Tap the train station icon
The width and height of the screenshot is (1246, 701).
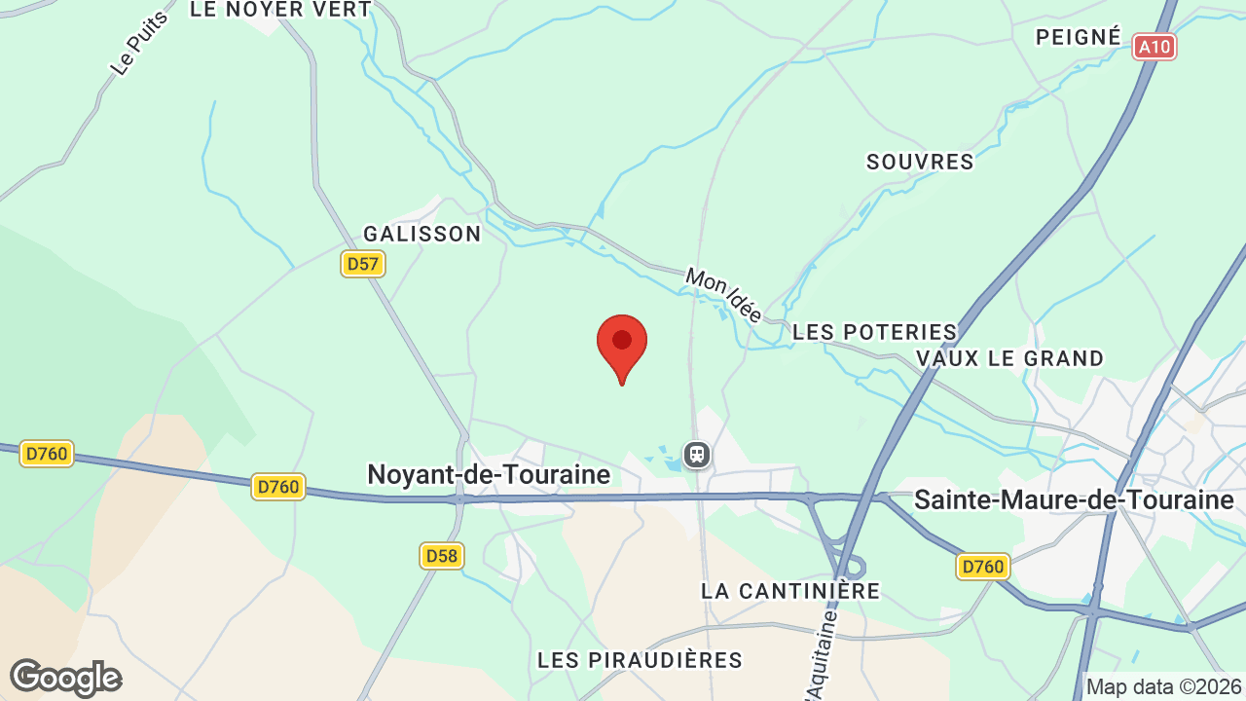pyautogui.click(x=696, y=455)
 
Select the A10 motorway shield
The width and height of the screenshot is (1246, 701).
pyautogui.click(x=1154, y=46)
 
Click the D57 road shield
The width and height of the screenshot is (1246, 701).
pyautogui.click(x=363, y=264)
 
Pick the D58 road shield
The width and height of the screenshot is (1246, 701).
pyautogui.click(x=442, y=556)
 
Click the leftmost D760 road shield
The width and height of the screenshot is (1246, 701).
pyautogui.click(x=47, y=454)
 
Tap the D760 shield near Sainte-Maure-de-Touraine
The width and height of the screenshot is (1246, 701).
pyautogui.click(x=982, y=567)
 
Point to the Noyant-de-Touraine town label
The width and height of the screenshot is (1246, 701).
pyautogui.click(x=488, y=474)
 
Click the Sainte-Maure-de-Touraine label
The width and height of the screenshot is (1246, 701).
pyautogui.click(x=1074, y=500)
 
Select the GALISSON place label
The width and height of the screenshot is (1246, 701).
pyautogui.click(x=422, y=234)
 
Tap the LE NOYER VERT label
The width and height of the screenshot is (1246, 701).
pyautogui.click(x=280, y=10)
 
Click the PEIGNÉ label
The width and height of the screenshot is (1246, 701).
pyautogui.click(x=1078, y=37)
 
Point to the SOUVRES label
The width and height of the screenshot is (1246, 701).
pyautogui.click(x=920, y=162)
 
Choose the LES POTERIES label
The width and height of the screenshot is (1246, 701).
pyautogui.click(x=875, y=332)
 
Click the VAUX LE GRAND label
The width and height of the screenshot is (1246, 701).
pyautogui.click(x=1009, y=358)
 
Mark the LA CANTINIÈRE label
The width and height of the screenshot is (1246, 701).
pyautogui.click(x=790, y=591)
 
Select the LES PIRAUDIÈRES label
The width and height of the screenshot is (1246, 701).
pyautogui.click(x=640, y=660)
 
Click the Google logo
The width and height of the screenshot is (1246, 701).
pyautogui.click(x=65, y=678)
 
